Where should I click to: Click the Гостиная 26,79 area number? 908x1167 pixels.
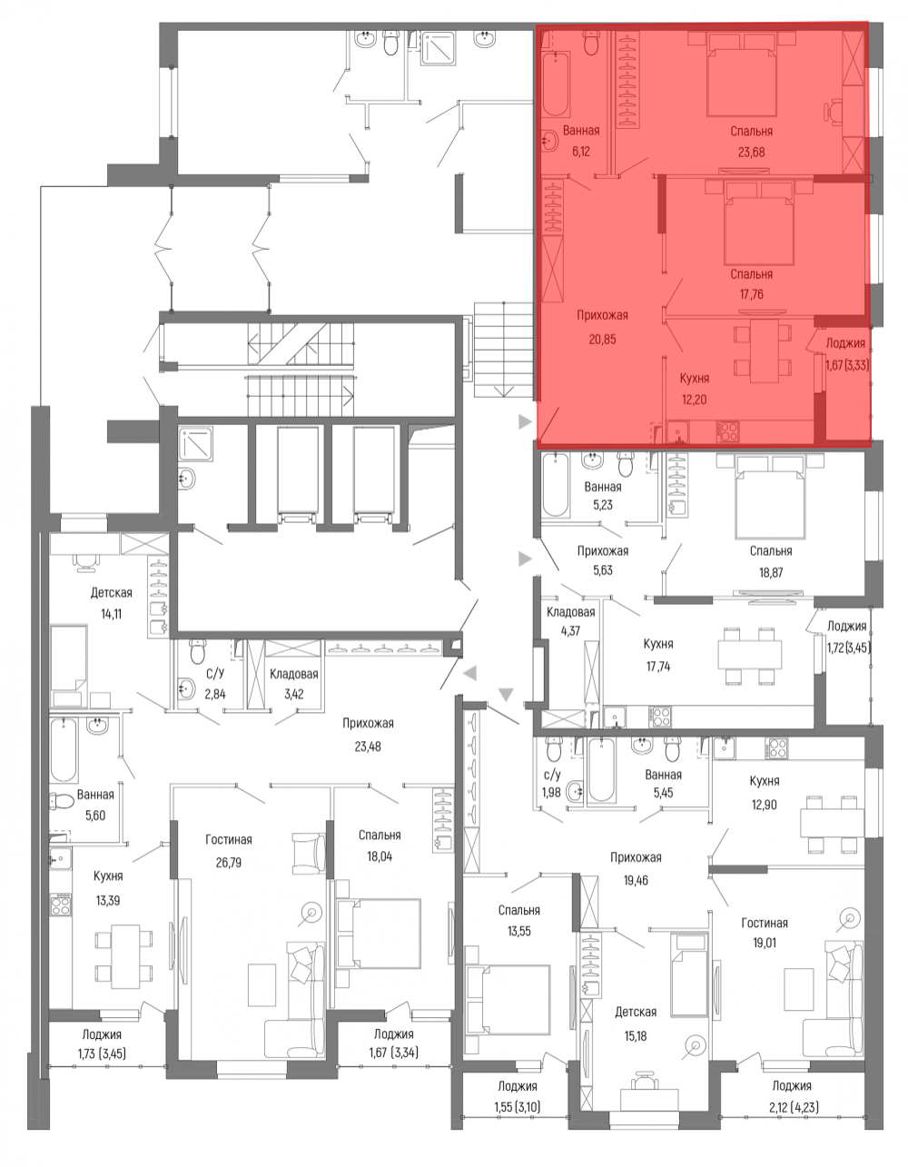[x=229, y=863]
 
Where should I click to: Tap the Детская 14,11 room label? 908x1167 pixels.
[x=111, y=603]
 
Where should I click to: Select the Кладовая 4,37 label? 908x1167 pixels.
[x=571, y=621]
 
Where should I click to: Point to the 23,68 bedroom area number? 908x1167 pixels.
[x=751, y=152]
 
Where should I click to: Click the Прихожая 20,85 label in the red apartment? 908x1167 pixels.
[x=603, y=327]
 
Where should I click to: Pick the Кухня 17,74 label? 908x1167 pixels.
[x=658, y=655]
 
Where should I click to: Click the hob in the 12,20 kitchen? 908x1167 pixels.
[x=727, y=431]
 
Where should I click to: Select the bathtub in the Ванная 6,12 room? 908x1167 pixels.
[x=555, y=84]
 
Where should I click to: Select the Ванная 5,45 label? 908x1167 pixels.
[x=664, y=784]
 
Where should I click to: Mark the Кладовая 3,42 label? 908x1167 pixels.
[x=293, y=684]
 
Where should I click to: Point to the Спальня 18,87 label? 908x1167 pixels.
[x=771, y=562]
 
